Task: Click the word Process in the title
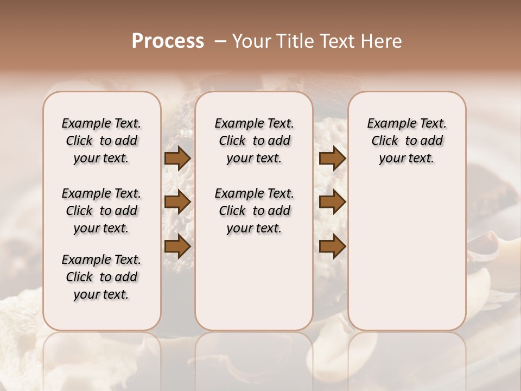click(168, 41)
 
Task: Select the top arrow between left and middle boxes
click(177, 158)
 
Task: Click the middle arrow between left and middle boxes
click(177, 202)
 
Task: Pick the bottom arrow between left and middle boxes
click(177, 247)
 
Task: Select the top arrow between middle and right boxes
click(332, 158)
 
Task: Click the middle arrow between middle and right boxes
click(332, 202)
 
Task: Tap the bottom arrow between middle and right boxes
click(332, 247)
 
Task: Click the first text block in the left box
click(101, 141)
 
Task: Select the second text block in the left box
click(101, 211)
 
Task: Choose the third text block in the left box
click(101, 277)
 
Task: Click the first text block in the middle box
click(254, 141)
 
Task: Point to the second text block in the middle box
click(254, 211)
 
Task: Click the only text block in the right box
click(406, 141)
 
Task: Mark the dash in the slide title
click(220, 41)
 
